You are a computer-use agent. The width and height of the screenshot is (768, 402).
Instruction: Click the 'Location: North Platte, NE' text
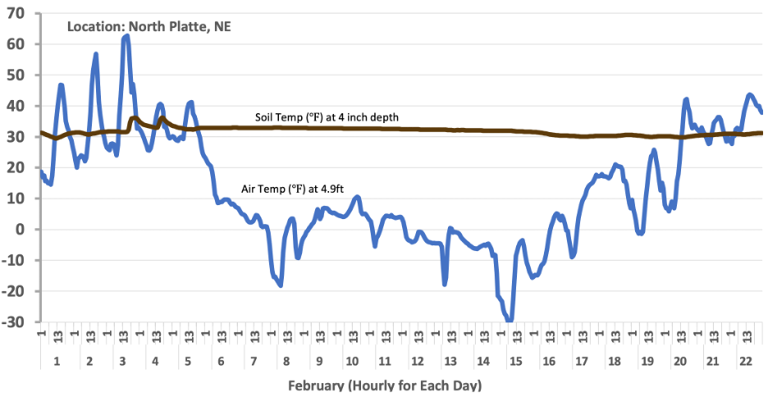148,26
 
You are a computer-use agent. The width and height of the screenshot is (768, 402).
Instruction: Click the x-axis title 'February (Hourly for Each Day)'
384,385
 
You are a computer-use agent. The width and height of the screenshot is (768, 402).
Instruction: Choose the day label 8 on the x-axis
286,362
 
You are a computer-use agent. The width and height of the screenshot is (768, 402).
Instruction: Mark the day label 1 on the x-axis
56,362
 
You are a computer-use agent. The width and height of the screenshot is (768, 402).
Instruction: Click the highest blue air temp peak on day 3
126,36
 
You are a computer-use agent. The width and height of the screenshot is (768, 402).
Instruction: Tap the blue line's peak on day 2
96,54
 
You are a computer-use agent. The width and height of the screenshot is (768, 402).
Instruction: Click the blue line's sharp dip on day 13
445,284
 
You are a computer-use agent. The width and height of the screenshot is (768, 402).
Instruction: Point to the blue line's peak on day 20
686,99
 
